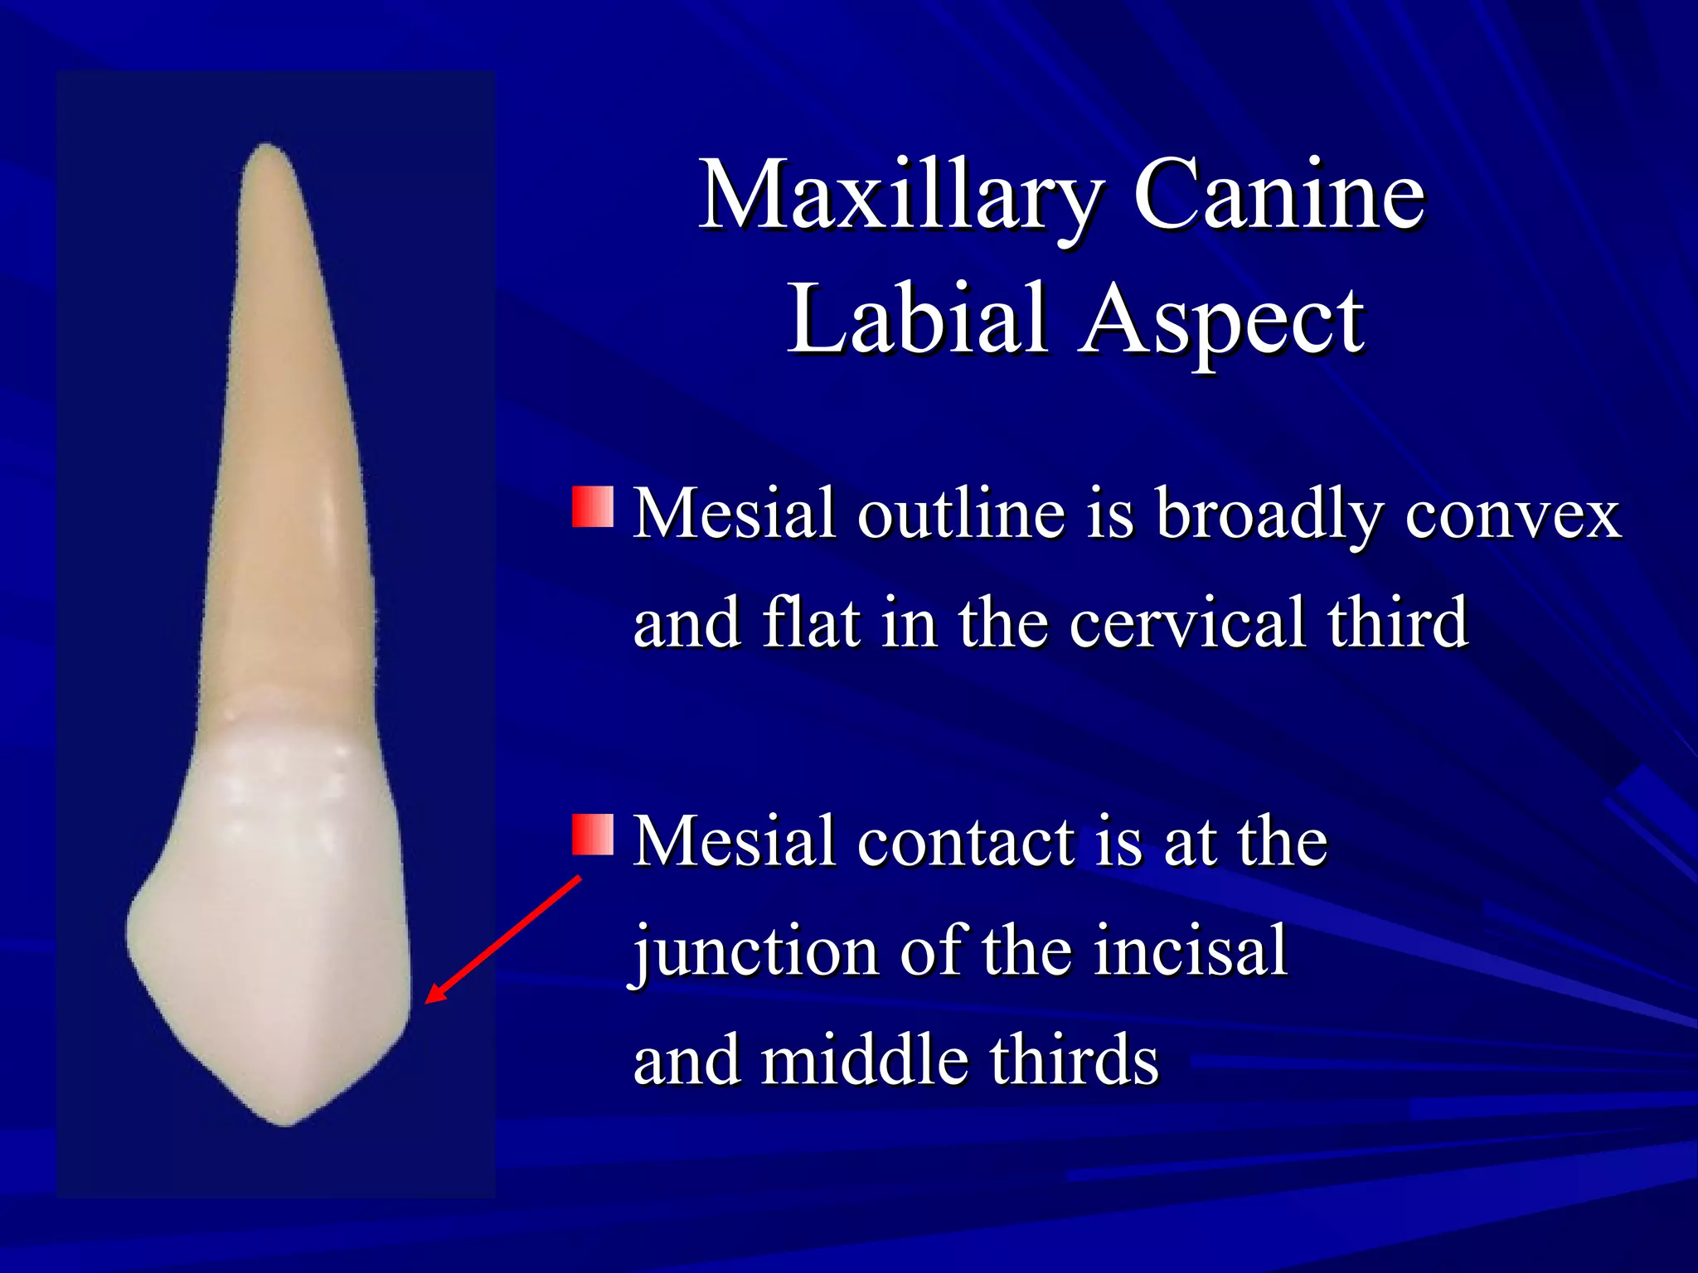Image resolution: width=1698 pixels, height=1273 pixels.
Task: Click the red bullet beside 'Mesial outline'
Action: click(x=593, y=507)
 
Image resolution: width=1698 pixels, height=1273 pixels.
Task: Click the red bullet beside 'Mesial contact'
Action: click(x=593, y=834)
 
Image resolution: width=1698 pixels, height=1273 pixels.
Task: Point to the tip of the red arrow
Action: click(x=428, y=1001)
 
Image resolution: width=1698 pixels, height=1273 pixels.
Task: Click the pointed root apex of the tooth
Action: click(x=267, y=149)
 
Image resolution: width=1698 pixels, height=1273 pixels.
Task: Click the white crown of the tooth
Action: click(x=274, y=912)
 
